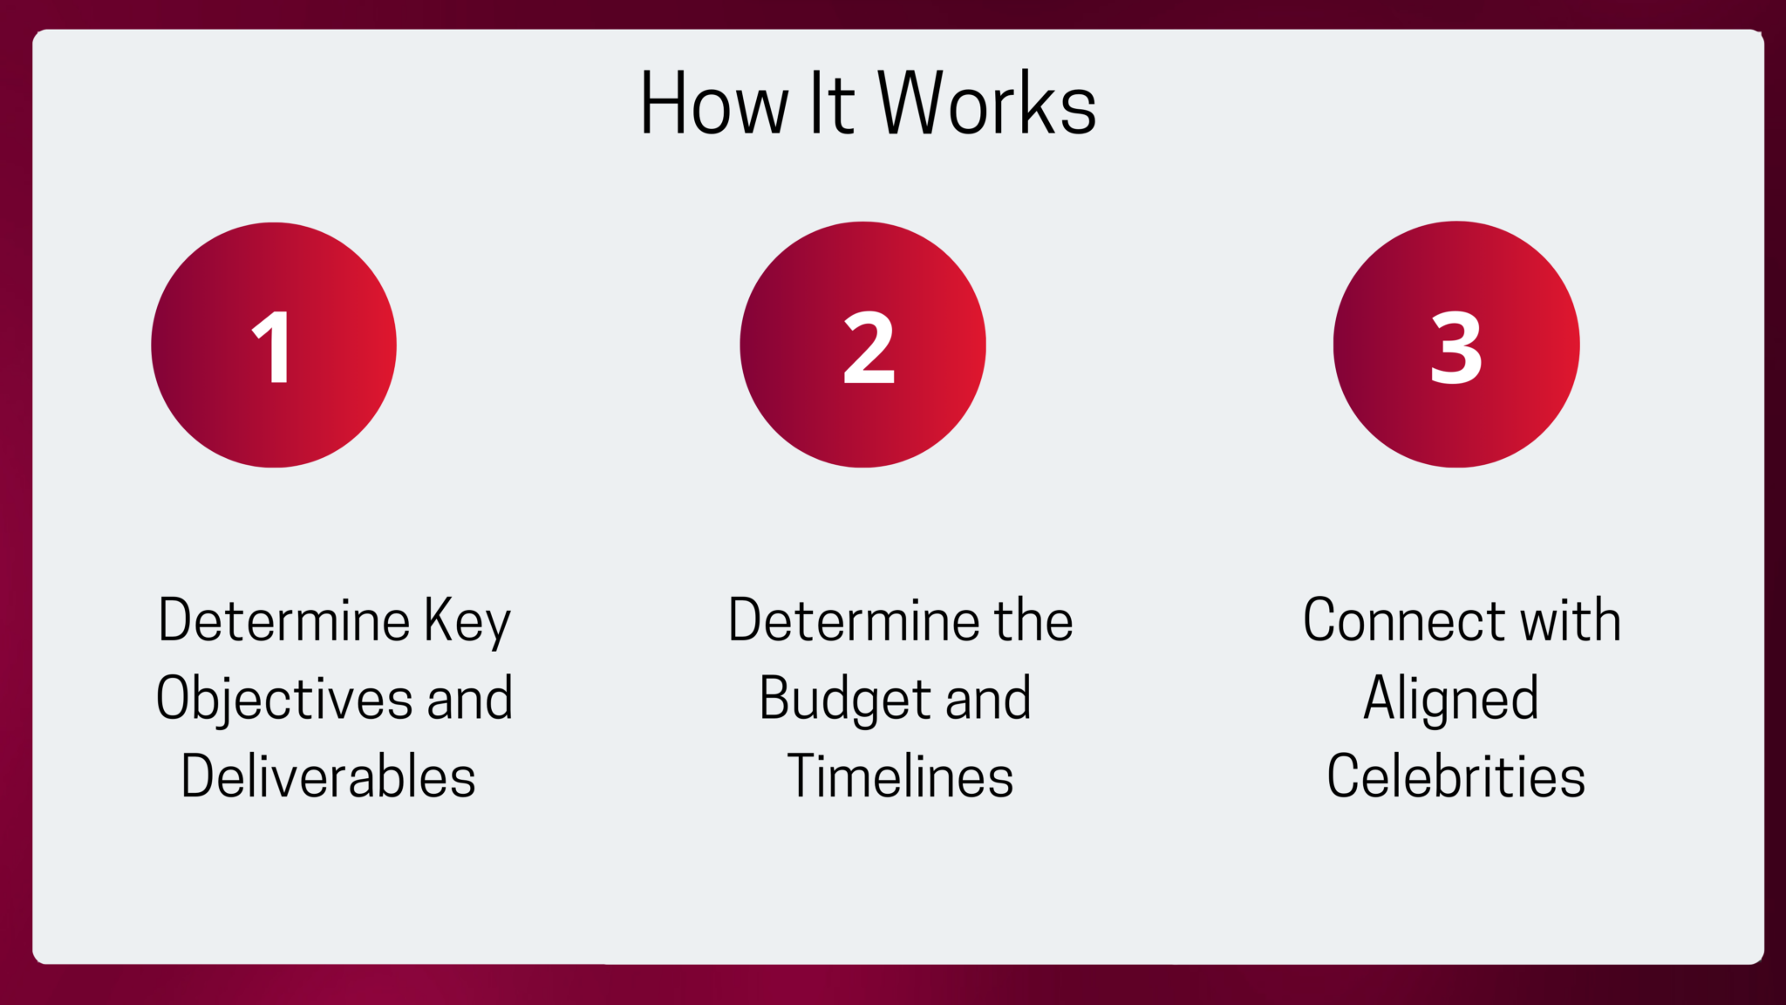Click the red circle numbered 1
pos(274,345)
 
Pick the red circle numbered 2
pos(863,345)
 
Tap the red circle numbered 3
pos(1456,345)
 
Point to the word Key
pos(467,622)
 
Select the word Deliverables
pos(329,776)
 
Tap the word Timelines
pos(900,776)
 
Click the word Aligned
pos(1451,700)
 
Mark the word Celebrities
pos(1456,776)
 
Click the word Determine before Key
pos(284,620)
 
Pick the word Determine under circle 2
pos(854,620)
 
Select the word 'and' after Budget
pos(988,699)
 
